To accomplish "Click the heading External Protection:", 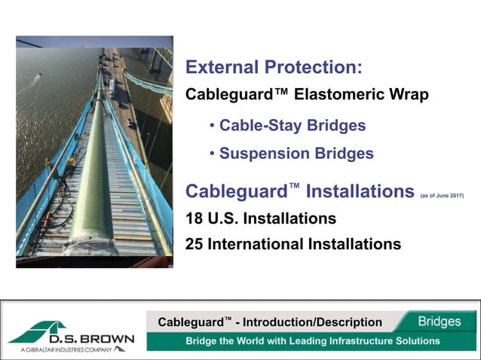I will pyautogui.click(x=274, y=68).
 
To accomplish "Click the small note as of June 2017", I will pyautogui.click(x=442, y=195).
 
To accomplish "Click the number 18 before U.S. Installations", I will pyautogui.click(x=195, y=219).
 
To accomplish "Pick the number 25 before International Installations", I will pyautogui.click(x=195, y=244).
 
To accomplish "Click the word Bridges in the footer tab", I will pyautogui.click(x=440, y=322).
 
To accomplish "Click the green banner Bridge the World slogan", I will pyautogui.click(x=313, y=341).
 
